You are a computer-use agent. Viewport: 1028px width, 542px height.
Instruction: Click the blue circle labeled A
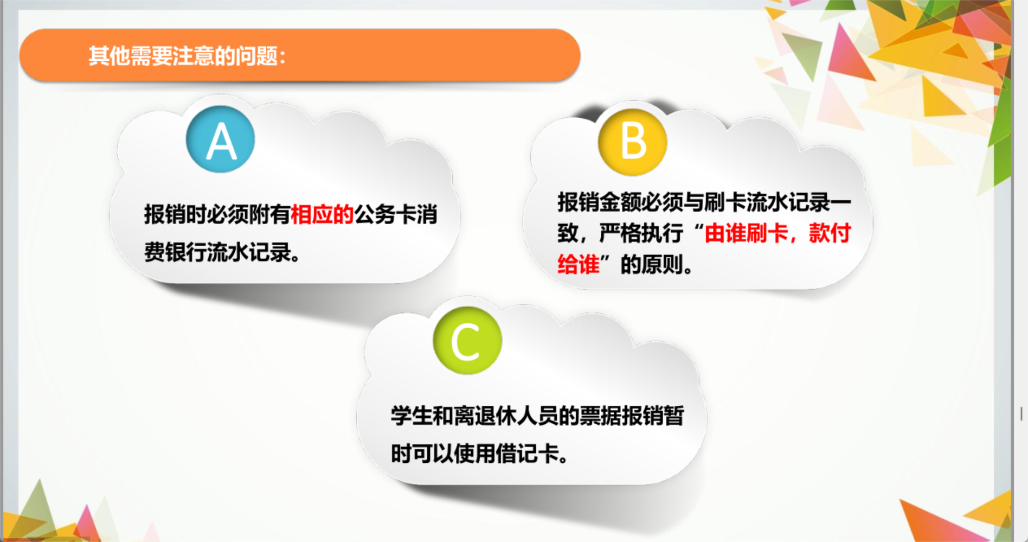click(220, 139)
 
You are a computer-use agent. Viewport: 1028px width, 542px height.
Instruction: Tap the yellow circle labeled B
click(633, 141)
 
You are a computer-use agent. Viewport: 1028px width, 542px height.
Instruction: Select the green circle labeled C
click(467, 341)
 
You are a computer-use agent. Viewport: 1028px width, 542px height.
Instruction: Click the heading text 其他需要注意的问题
click(183, 56)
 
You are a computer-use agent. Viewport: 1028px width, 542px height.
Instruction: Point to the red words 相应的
click(322, 215)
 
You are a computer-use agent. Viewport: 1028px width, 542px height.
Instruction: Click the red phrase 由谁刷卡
click(747, 233)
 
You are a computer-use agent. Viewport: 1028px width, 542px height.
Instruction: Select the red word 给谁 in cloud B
click(579, 264)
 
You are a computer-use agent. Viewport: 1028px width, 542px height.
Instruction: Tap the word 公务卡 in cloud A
click(385, 215)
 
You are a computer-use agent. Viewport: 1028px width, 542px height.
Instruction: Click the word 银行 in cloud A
click(185, 252)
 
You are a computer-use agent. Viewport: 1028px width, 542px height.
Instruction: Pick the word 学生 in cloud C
click(412, 416)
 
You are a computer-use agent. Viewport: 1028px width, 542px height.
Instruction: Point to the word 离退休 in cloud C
click(485, 416)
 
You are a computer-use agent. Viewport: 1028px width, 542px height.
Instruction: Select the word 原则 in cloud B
click(661, 264)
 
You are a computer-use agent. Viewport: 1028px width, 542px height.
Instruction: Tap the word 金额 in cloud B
click(620, 202)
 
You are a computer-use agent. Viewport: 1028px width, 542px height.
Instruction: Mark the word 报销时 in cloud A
click(175, 215)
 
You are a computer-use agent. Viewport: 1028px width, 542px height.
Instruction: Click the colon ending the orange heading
click(282, 57)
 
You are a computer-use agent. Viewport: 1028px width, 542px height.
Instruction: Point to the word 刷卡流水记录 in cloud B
click(767, 202)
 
